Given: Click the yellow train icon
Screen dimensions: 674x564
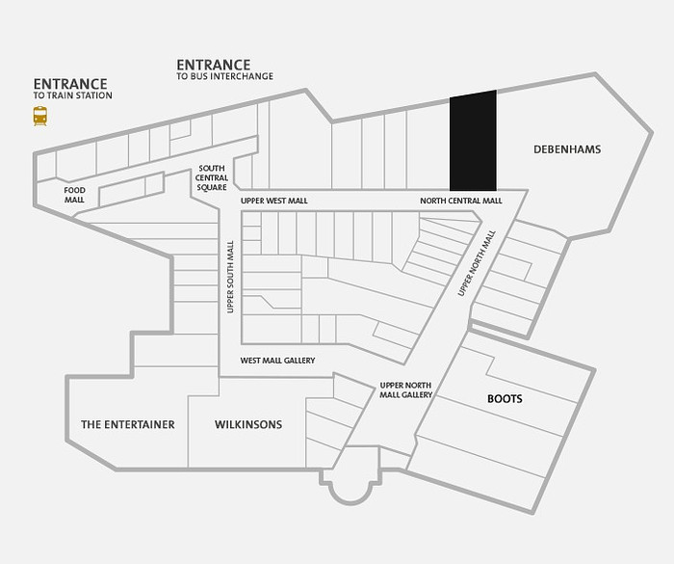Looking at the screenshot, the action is pyautogui.click(x=40, y=116).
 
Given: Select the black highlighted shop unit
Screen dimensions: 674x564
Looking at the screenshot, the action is pyautogui.click(x=473, y=141).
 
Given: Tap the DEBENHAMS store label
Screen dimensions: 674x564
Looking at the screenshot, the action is pyautogui.click(x=567, y=149).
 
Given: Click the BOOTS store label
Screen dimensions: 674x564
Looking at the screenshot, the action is pyautogui.click(x=505, y=399).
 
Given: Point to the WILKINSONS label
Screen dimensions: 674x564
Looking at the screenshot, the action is pyautogui.click(x=248, y=424).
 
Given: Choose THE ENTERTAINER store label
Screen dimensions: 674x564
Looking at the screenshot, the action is pyautogui.click(x=128, y=424).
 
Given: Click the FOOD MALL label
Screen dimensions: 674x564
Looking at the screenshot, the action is pyautogui.click(x=74, y=195).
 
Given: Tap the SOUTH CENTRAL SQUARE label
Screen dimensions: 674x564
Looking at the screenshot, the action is pyautogui.click(x=212, y=177).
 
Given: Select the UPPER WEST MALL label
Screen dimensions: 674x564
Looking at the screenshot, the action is pyautogui.click(x=274, y=201).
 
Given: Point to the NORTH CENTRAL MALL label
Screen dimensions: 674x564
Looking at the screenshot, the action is pyautogui.click(x=461, y=201).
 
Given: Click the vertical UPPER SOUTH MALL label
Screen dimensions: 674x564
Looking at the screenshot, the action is pyautogui.click(x=230, y=277).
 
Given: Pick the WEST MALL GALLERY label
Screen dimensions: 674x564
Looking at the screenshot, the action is pyautogui.click(x=277, y=361).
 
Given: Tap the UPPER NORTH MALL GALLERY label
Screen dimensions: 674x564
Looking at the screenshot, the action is pyautogui.click(x=405, y=390).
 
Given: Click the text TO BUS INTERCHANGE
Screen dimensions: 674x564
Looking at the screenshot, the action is pyautogui.click(x=224, y=76).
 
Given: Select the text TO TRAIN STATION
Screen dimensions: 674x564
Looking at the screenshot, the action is pyautogui.click(x=72, y=95).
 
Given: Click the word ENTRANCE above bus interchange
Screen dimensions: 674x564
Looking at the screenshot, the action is pyautogui.click(x=214, y=65).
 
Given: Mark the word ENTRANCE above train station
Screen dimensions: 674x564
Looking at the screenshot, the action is pyautogui.click(x=70, y=84).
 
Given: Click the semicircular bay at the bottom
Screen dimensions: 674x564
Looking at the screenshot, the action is pyautogui.click(x=351, y=491).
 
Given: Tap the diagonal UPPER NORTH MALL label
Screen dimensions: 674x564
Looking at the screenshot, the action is pyautogui.click(x=477, y=263).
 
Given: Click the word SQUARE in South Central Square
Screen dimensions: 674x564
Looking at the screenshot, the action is pyautogui.click(x=212, y=187).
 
